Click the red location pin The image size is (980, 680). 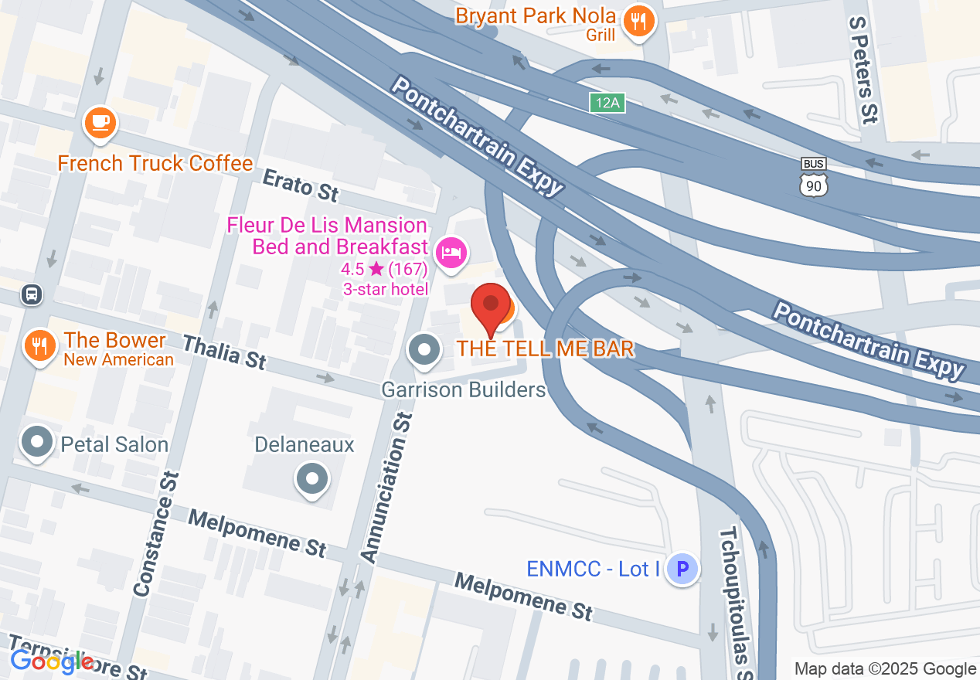coord(491,304)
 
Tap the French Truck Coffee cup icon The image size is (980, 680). coord(100,122)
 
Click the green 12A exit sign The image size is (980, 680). coord(607,103)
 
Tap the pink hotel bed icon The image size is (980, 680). coord(451,252)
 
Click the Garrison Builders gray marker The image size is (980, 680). coord(424,349)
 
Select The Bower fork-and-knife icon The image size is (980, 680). coord(38,344)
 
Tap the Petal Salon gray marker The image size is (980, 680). coord(36,443)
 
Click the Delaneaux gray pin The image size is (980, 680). coord(311,478)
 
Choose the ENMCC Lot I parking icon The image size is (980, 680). coord(682,569)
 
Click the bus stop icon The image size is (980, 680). coord(32,294)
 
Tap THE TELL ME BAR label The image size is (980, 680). coord(545,348)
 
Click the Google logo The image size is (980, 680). coord(52,661)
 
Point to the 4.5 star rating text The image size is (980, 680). coord(384,270)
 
